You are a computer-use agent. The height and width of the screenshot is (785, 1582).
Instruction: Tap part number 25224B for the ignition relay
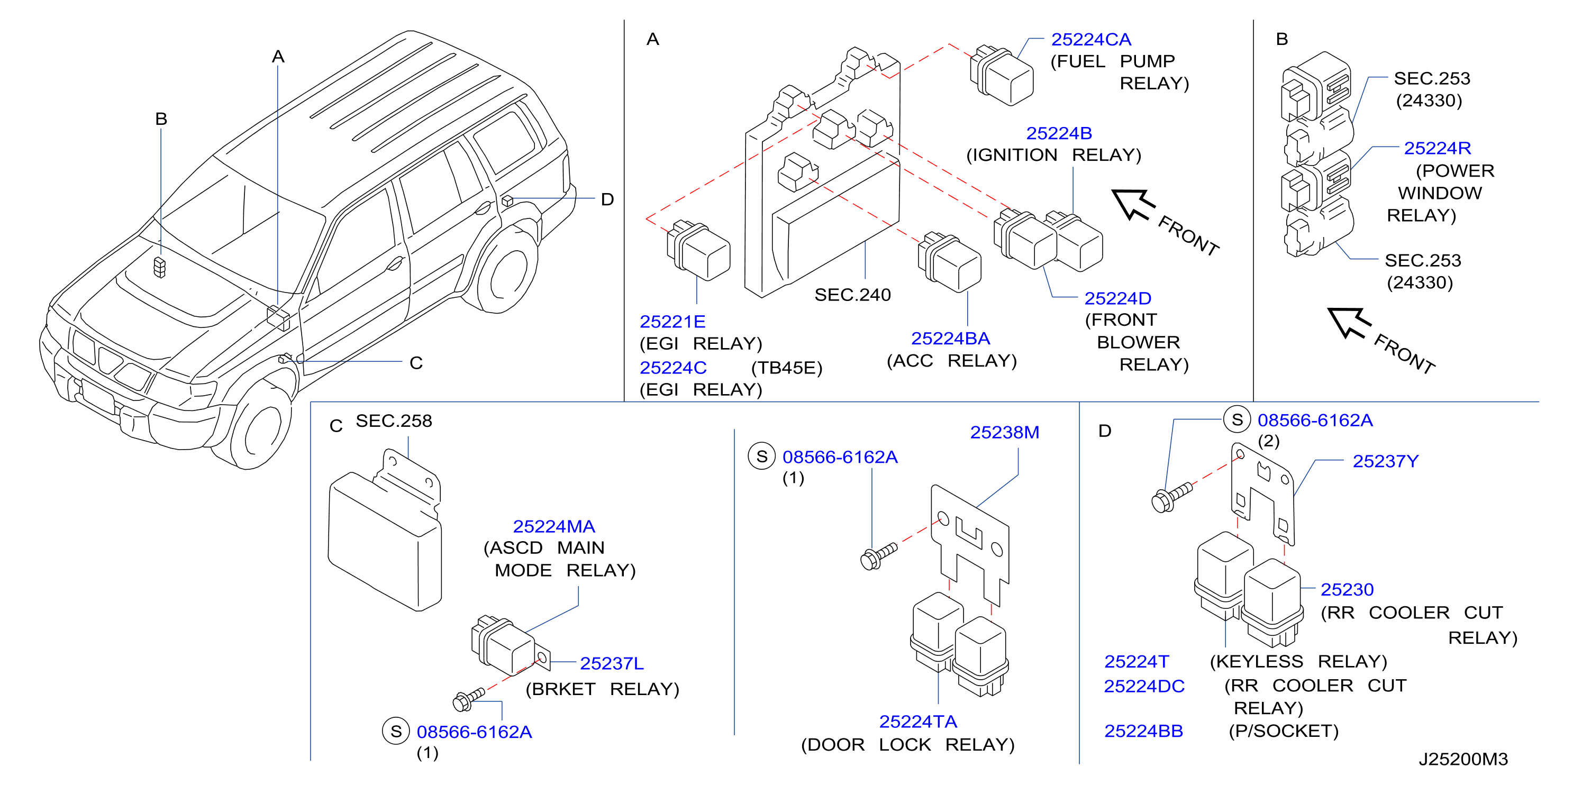[x=1059, y=133]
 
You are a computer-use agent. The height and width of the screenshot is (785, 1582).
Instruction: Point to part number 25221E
[x=672, y=322]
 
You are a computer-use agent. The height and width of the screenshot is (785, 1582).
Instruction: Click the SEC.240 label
[x=852, y=295]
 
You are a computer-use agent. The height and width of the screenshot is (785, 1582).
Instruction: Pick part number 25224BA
[x=950, y=338]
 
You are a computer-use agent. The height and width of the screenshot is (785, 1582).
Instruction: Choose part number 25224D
[x=1117, y=298]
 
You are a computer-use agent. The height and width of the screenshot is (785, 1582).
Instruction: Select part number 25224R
[x=1438, y=148]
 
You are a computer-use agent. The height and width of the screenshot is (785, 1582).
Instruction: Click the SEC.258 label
[x=394, y=421]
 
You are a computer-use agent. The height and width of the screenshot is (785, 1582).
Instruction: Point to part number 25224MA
[x=554, y=527]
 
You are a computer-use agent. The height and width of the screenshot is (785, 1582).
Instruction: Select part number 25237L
[x=612, y=663]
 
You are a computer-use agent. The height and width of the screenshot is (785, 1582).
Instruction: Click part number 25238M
[x=1005, y=432]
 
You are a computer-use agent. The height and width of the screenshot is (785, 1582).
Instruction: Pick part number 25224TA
[x=918, y=722]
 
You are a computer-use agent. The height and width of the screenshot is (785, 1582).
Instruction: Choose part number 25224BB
[x=1143, y=731]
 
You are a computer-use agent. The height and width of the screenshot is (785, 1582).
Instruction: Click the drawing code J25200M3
[x=1463, y=759]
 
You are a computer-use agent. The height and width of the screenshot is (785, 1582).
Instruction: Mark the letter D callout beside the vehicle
[x=607, y=199]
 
